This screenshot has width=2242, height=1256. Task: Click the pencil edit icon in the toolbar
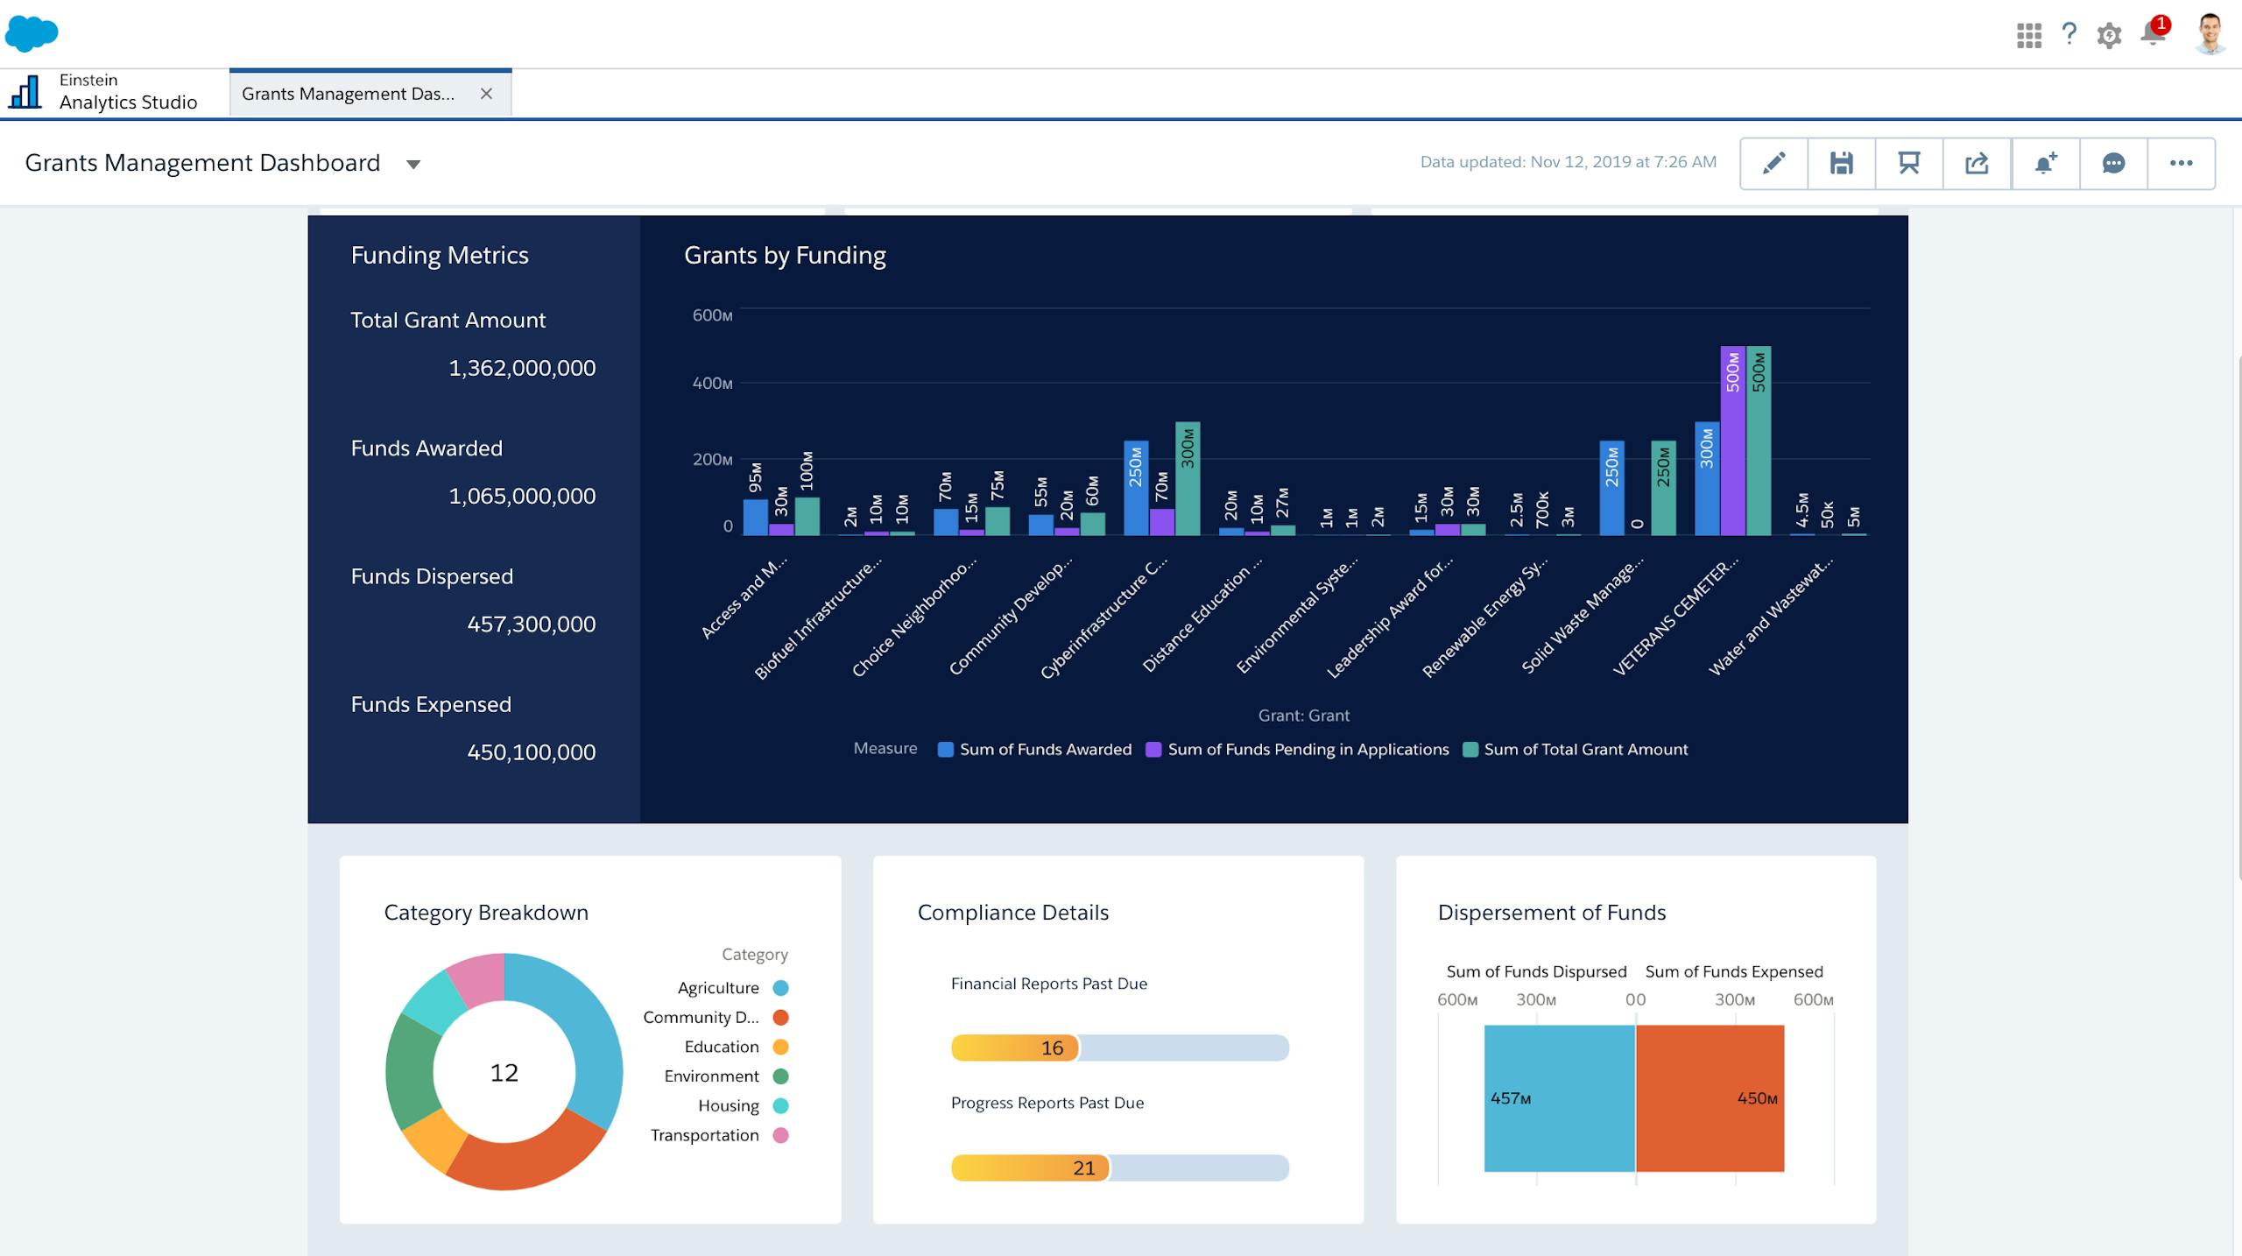coord(1773,164)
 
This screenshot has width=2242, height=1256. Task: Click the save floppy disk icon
coord(1841,164)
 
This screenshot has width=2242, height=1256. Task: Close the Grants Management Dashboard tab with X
coord(486,94)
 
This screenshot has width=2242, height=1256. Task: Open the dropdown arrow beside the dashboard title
coord(413,165)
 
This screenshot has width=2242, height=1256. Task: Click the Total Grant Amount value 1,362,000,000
coord(522,368)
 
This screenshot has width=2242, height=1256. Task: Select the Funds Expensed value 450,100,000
coord(531,752)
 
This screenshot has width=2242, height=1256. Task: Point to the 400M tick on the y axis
coord(712,384)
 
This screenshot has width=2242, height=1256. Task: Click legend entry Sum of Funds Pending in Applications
coord(1307,750)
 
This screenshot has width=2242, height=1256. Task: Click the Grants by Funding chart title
coord(785,256)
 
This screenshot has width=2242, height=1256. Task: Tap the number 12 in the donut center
coord(504,1073)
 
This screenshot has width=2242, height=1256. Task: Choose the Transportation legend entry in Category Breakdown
coord(705,1135)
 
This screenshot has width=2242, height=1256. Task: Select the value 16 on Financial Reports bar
coord(1052,1048)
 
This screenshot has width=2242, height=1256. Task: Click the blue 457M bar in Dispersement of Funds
coord(1559,1098)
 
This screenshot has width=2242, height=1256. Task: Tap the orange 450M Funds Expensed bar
coord(1710,1098)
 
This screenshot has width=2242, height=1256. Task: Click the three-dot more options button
coord(2181,164)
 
